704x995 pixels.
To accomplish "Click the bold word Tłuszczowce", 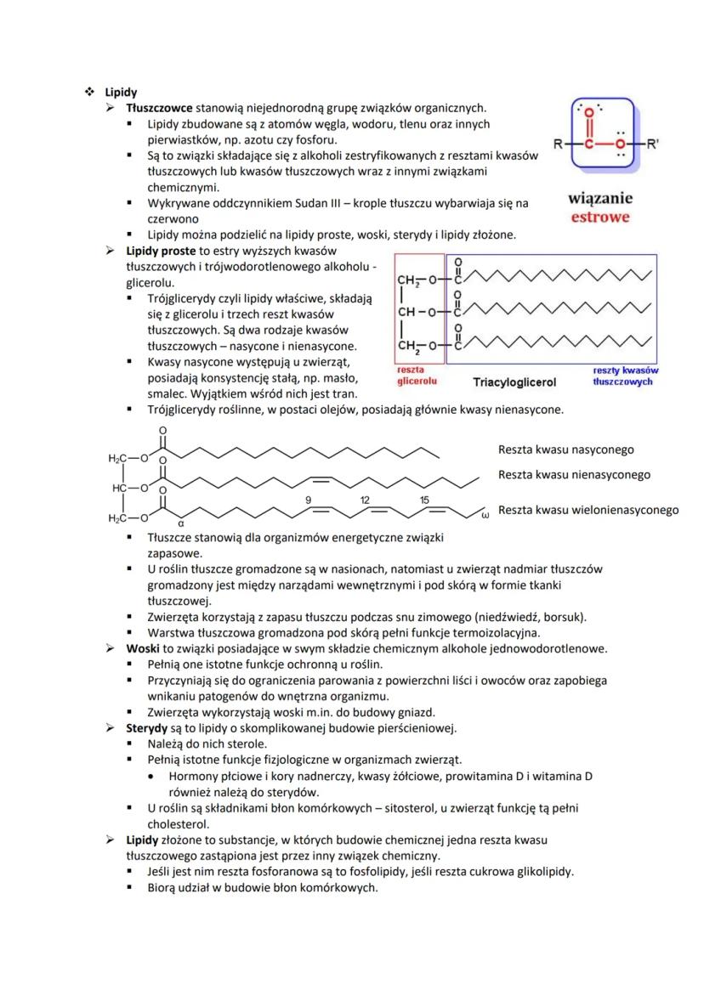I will pyautogui.click(x=159, y=108).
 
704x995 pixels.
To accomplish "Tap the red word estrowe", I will pyautogui.click(x=600, y=217).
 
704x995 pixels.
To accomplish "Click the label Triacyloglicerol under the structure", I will pyautogui.click(x=514, y=382).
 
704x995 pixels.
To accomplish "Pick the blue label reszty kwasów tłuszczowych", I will pyautogui.click(x=625, y=376).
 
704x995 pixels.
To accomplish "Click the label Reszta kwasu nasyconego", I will pyautogui.click(x=565, y=449).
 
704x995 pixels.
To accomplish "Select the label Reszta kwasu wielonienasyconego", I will pyautogui.click(x=588, y=510).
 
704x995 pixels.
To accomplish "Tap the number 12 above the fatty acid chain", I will pyautogui.click(x=364, y=500).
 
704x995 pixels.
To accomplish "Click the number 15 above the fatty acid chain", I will pyautogui.click(x=424, y=500).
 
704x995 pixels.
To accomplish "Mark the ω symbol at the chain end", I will pyautogui.click(x=485, y=515).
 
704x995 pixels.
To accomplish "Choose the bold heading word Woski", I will pyautogui.click(x=144, y=648).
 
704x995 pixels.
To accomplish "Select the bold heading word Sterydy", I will pyautogui.click(x=148, y=728).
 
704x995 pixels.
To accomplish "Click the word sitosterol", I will pyautogui.click(x=423, y=808).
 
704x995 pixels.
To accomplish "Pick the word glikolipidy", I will pyautogui.click(x=542, y=871).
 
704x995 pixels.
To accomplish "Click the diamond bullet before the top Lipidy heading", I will pyautogui.click(x=88, y=92).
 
